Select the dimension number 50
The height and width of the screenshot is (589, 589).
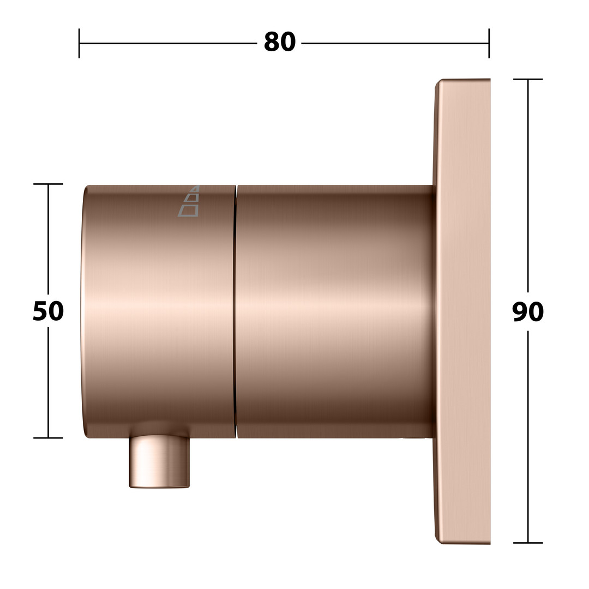[48, 311]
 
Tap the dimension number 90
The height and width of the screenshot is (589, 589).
[528, 311]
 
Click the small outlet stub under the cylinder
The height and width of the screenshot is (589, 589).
[159, 461]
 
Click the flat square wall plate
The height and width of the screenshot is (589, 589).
[462, 311]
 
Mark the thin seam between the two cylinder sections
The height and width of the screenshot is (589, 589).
[236, 311]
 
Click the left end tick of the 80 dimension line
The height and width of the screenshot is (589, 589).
[79, 43]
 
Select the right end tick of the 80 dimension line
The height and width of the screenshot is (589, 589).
[489, 43]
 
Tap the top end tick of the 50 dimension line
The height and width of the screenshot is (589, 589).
[48, 184]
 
